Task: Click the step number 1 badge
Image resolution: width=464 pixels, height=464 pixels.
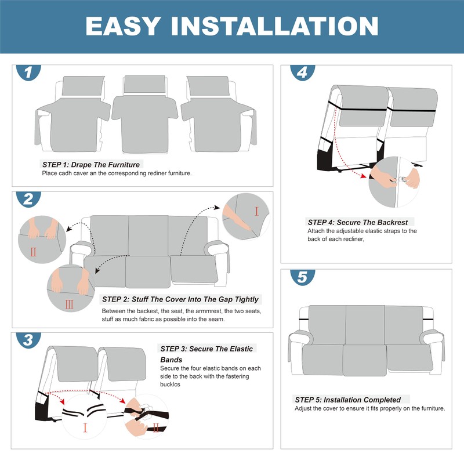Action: (x=28, y=72)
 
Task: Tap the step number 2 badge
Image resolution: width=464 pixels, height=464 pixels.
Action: (x=28, y=199)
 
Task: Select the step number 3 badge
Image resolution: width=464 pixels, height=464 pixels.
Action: (x=28, y=340)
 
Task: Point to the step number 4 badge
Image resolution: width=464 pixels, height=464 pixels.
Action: (x=302, y=72)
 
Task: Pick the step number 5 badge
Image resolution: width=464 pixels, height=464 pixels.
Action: (x=302, y=277)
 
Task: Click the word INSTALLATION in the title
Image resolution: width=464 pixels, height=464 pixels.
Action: (x=274, y=26)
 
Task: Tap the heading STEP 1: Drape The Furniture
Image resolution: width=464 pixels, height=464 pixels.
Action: (x=91, y=165)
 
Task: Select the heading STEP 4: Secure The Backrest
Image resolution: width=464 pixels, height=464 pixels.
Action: (x=358, y=222)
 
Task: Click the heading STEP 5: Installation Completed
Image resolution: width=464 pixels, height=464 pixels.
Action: (x=347, y=400)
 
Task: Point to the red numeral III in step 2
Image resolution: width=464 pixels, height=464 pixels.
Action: (x=69, y=304)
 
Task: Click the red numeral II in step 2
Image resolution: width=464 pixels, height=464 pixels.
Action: (x=34, y=252)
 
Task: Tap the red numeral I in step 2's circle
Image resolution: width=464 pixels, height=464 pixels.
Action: (x=256, y=211)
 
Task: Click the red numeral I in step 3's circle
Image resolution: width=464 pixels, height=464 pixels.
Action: (x=85, y=428)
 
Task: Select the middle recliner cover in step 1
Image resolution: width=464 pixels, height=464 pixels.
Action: (x=144, y=114)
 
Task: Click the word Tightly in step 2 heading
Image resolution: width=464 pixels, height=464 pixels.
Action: (x=246, y=299)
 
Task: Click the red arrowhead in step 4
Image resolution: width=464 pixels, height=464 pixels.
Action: (x=363, y=176)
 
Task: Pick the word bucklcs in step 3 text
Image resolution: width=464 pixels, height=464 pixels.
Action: (x=170, y=385)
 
